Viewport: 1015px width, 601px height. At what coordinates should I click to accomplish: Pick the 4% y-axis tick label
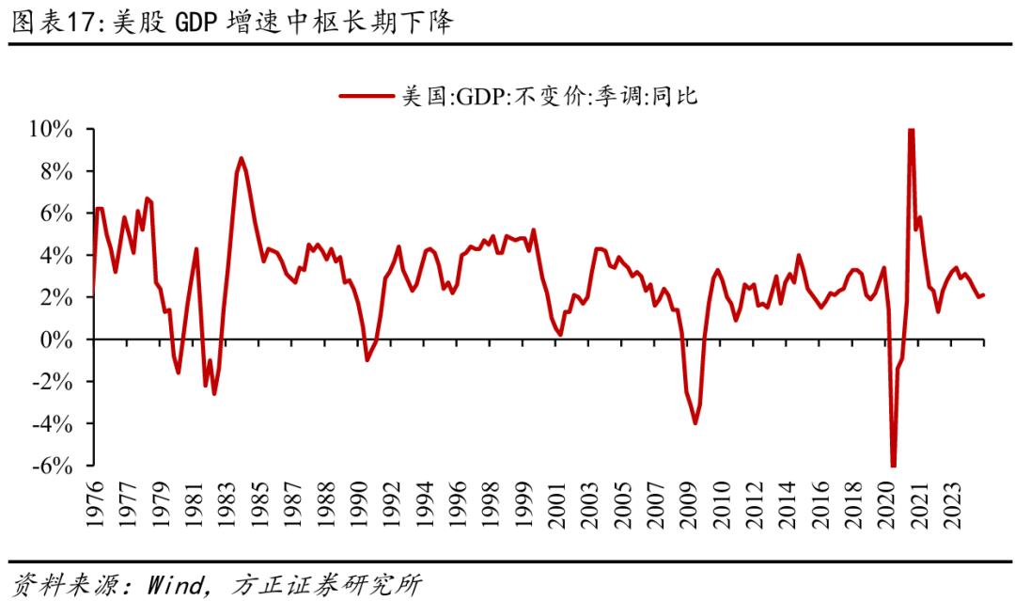coord(57,256)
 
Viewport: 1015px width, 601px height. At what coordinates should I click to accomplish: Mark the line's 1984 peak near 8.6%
coord(242,158)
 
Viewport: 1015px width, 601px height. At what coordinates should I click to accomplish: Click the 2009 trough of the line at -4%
coord(695,423)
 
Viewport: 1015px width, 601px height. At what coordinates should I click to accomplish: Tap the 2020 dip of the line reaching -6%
coord(893,465)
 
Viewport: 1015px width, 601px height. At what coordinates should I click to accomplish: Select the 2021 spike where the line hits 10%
coord(911,131)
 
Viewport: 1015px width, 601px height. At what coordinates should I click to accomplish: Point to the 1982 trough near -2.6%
coord(214,393)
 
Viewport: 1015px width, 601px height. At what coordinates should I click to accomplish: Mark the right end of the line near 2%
coord(983,295)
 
